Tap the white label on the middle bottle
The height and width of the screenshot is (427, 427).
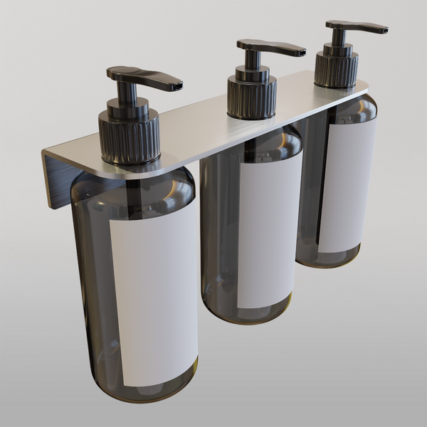point(267,235)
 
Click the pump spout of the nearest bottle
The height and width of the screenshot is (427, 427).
point(153,78)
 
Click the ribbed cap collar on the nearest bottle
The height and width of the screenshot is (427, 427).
point(129,139)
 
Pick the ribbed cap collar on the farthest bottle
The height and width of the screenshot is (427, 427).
point(336,69)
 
